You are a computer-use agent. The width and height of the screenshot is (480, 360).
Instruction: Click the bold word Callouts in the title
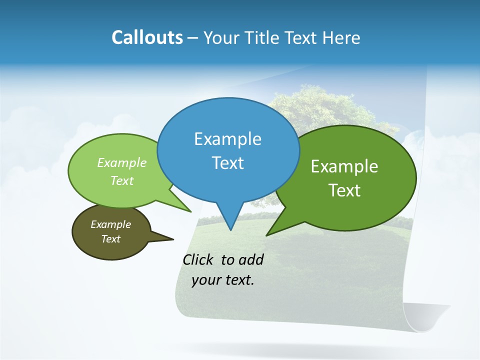click(147, 38)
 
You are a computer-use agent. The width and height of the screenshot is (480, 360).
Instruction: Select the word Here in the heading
click(341, 38)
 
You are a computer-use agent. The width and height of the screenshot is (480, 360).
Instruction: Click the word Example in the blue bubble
click(227, 139)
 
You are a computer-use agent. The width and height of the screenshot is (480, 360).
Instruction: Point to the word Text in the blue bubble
click(227, 163)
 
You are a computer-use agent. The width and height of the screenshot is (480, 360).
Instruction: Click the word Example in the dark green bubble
click(344, 166)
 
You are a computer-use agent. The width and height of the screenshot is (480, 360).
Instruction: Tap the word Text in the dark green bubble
click(344, 190)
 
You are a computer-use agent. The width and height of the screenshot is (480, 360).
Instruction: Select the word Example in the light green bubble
click(122, 163)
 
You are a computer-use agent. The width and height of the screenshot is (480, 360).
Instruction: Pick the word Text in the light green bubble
click(122, 180)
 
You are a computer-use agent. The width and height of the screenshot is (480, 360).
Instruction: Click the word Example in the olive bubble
click(110, 224)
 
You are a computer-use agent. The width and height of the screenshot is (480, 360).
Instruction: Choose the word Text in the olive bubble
click(110, 239)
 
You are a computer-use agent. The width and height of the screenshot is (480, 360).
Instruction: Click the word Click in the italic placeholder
click(197, 260)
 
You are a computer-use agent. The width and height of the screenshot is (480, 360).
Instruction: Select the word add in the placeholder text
click(250, 260)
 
